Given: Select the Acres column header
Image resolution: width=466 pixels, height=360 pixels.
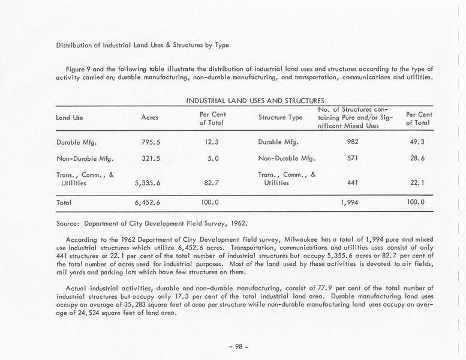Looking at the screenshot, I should pos(149,118).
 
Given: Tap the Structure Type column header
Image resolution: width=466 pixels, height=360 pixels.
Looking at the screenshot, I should pos(280,118).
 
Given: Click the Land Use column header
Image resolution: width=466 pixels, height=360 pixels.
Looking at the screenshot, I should pos(70,118).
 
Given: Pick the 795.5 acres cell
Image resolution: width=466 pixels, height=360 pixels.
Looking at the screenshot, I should pos(149,143).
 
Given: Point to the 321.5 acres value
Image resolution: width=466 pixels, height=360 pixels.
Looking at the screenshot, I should pos(149,159).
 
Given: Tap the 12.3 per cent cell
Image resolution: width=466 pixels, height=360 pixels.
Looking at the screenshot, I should pos(211,143).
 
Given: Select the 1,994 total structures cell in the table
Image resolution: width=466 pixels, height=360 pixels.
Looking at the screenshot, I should pos(348,203).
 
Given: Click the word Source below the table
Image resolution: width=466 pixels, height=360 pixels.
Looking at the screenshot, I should pos(68,223).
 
